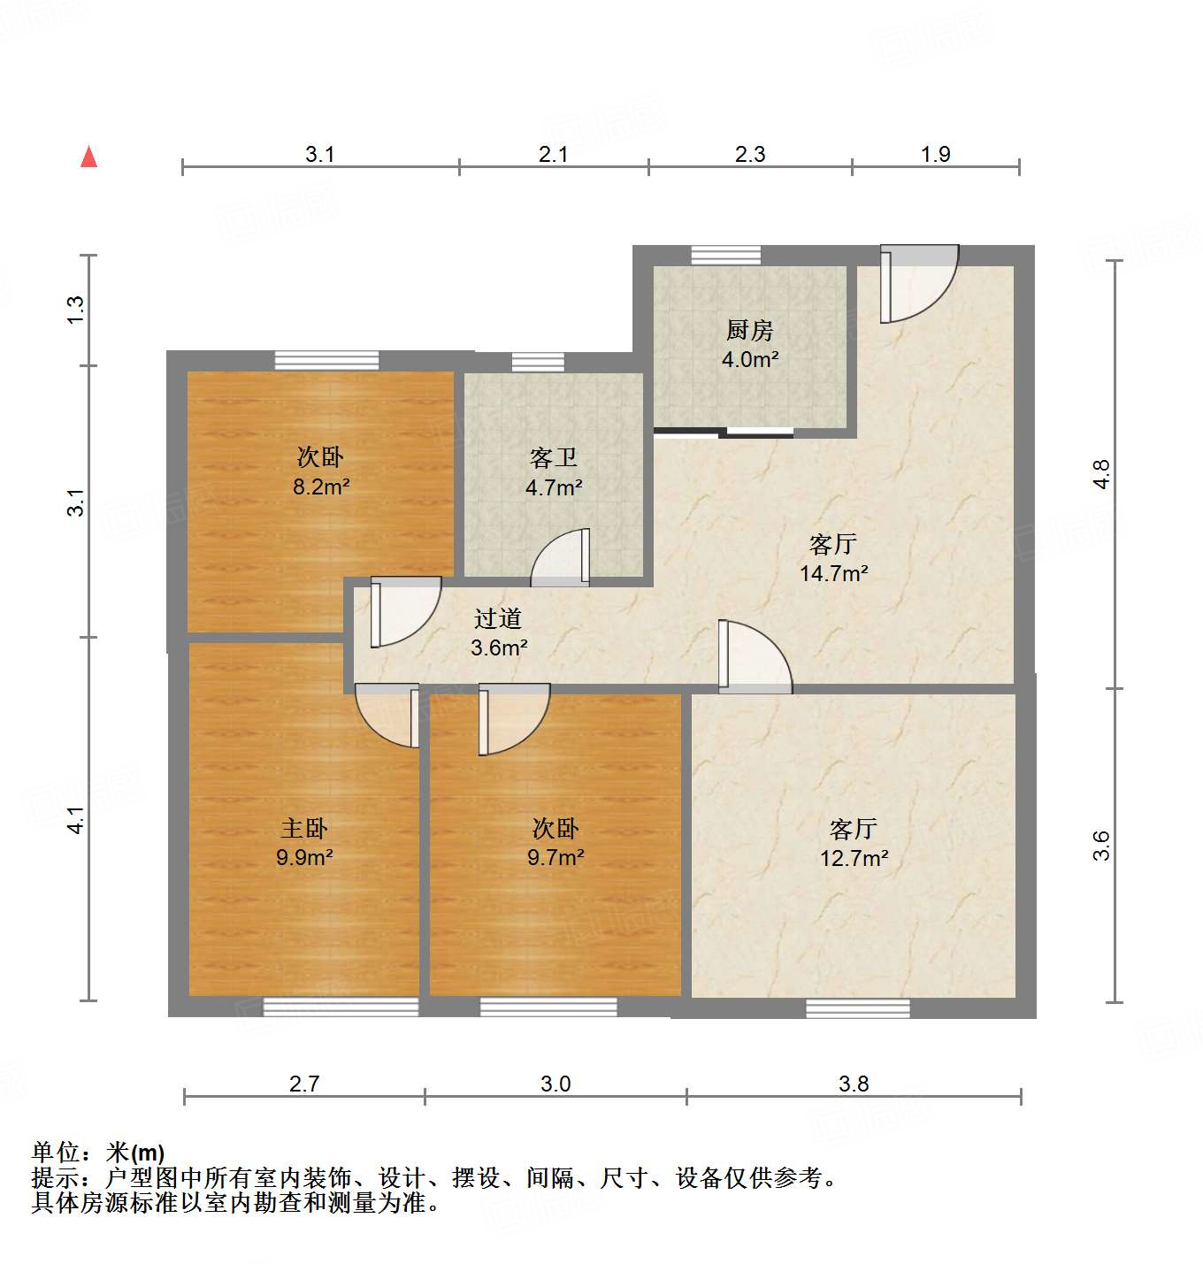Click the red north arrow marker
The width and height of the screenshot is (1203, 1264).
(88, 157)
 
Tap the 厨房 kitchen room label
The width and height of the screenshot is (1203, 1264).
(749, 330)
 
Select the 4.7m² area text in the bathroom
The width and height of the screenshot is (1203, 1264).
(554, 487)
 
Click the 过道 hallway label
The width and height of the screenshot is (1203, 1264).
(498, 618)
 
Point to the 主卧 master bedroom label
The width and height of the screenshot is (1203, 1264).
(303, 828)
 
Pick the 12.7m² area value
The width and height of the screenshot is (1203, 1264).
(854, 858)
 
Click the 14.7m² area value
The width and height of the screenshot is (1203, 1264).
(833, 573)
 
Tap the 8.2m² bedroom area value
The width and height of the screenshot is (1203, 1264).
(321, 486)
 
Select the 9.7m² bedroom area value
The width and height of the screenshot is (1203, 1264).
(556, 857)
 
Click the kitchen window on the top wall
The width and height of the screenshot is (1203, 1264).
(726, 255)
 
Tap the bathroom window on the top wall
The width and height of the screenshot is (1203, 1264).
(538, 362)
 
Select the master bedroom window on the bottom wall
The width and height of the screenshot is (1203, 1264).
(341, 1006)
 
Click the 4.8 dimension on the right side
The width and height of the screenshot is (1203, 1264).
(1101, 474)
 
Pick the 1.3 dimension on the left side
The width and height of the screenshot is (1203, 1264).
(76, 309)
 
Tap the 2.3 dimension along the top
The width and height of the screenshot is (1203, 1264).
(750, 155)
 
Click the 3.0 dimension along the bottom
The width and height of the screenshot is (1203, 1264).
(556, 1084)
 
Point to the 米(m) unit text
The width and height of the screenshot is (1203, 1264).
(135, 1153)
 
